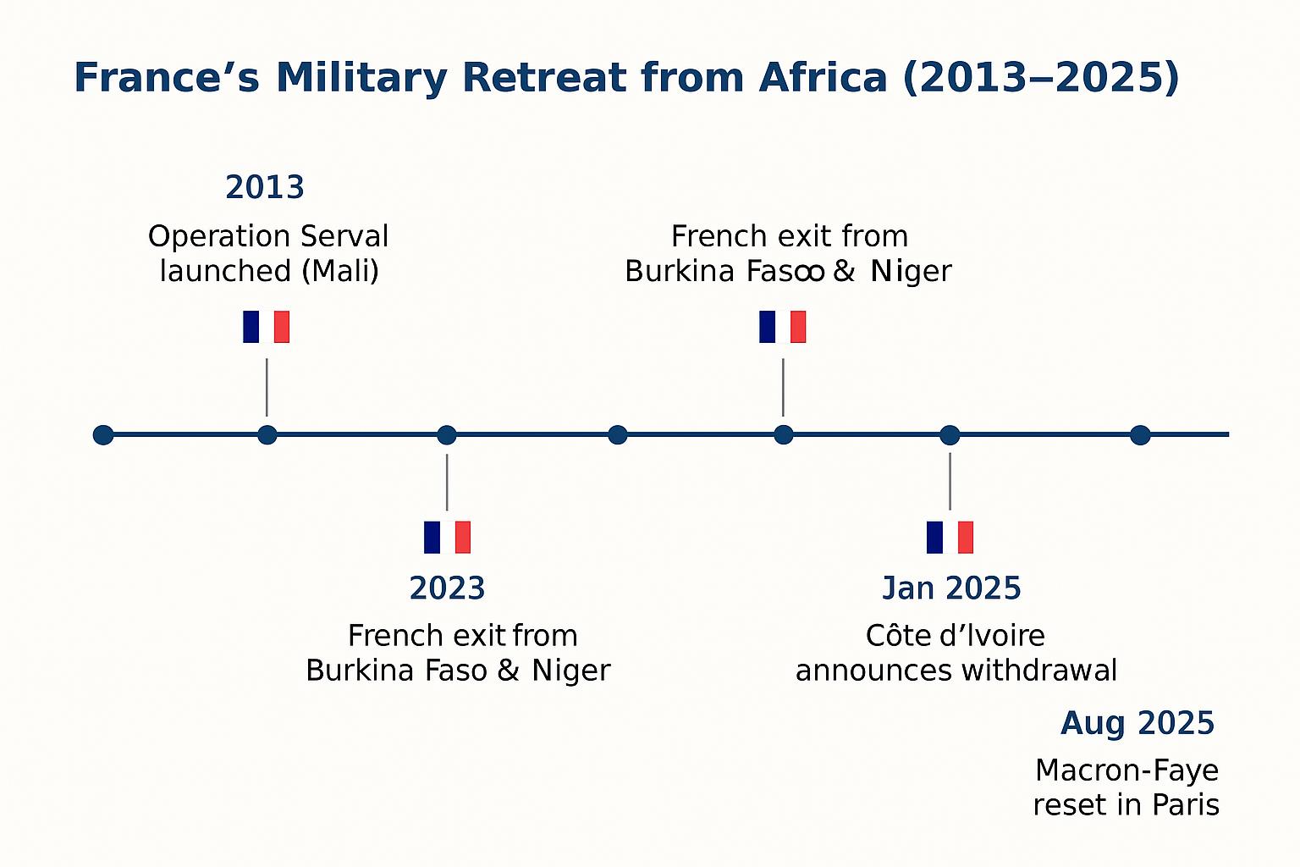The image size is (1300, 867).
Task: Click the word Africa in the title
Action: (x=823, y=77)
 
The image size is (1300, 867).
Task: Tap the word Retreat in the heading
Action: (x=544, y=77)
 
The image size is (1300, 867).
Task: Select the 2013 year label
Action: (x=265, y=187)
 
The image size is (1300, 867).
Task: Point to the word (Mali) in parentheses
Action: (x=341, y=271)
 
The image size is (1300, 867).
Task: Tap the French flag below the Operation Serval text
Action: (x=266, y=327)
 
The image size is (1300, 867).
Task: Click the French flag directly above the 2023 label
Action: (x=447, y=537)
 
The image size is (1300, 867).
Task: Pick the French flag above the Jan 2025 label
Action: (x=950, y=537)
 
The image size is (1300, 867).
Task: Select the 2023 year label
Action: (x=447, y=588)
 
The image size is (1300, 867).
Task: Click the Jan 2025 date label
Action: (x=951, y=588)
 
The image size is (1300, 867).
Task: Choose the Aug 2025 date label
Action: (x=1137, y=724)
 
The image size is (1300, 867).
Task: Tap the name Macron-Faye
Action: (x=1127, y=772)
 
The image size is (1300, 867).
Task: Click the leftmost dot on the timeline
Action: (x=103, y=435)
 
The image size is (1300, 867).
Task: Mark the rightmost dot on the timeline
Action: (x=1140, y=435)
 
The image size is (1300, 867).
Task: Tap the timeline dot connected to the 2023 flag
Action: (x=446, y=435)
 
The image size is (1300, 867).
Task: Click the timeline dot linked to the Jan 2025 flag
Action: (x=950, y=435)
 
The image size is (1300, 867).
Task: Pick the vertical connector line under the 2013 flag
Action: (x=267, y=387)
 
